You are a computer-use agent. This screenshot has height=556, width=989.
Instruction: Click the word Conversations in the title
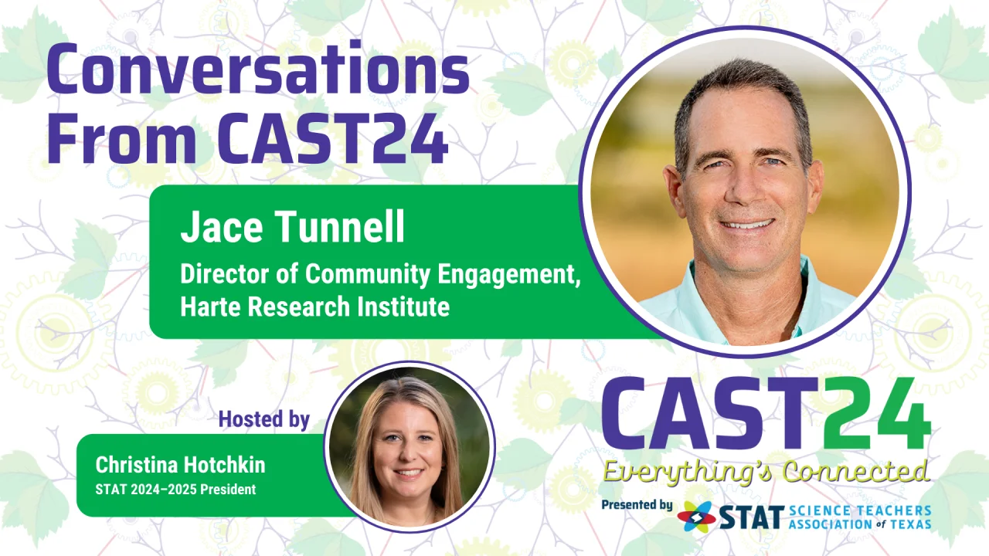(258, 69)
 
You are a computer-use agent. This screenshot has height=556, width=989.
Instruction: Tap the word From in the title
(122, 137)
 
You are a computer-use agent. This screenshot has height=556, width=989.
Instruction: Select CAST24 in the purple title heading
(332, 137)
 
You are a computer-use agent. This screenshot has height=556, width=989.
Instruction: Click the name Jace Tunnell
(292, 226)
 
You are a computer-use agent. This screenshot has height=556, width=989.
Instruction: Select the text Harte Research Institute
(314, 307)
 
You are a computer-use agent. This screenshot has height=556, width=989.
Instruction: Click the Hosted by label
(264, 419)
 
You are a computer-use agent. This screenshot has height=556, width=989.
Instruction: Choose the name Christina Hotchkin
(181, 465)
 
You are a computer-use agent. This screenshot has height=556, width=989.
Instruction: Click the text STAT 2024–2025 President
(175, 490)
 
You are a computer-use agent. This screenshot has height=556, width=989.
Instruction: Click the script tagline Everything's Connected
(766, 471)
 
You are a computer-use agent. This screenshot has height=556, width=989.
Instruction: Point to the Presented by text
(637, 505)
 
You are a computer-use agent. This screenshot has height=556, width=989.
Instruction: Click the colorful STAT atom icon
(696, 517)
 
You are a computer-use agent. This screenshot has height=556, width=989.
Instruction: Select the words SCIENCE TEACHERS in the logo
(860, 510)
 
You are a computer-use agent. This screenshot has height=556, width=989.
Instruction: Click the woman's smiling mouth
(409, 473)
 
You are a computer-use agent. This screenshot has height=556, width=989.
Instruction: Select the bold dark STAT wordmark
(750, 517)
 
